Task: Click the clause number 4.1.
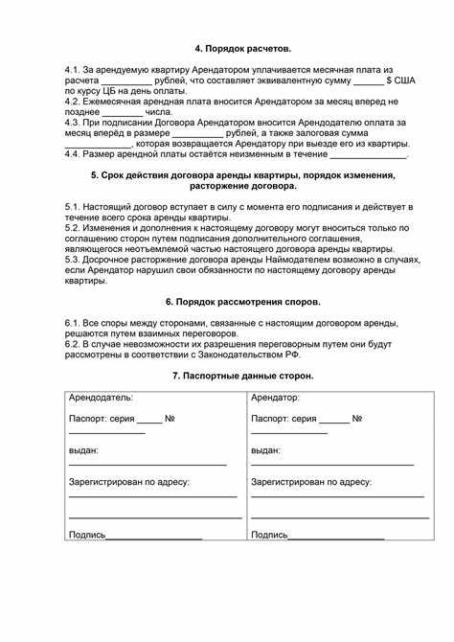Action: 74,72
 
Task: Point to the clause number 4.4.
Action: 73,152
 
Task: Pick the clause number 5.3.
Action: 74,260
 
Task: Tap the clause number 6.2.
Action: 74,342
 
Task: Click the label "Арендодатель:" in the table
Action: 102,397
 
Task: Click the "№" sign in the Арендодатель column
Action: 170,419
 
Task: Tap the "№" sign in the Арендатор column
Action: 356,419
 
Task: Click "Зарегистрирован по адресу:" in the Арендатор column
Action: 310,482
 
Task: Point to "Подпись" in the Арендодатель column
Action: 87,535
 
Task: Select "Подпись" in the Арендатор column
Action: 269,535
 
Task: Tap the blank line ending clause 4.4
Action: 369,154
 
